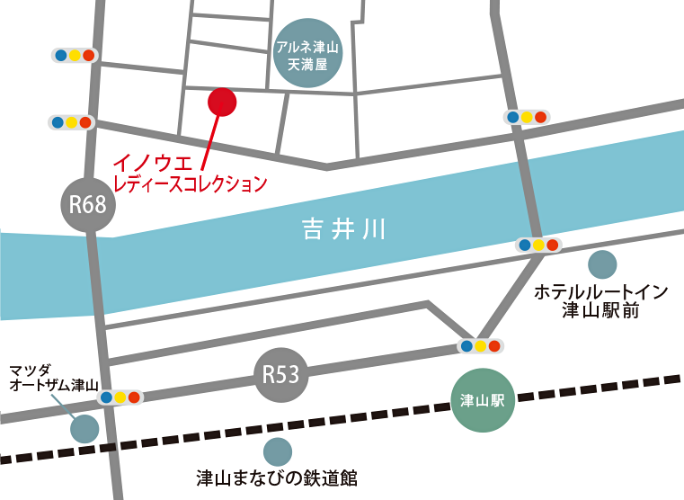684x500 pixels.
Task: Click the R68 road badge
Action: click(x=89, y=204)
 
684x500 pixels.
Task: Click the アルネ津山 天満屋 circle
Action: click(x=306, y=55)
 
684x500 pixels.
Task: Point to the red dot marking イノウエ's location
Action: click(x=221, y=102)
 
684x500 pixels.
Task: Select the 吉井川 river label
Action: click(x=342, y=229)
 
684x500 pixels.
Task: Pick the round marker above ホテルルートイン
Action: click(x=601, y=264)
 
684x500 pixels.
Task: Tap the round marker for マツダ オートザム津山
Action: click(x=84, y=428)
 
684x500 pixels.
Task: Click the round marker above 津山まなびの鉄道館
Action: click(x=278, y=451)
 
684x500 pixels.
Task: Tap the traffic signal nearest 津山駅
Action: click(x=480, y=345)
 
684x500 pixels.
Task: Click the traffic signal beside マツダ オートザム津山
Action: click(x=120, y=397)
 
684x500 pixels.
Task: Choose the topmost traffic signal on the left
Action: click(x=74, y=55)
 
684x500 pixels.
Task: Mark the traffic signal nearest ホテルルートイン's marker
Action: click(x=537, y=245)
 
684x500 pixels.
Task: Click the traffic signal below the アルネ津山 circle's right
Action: click(x=526, y=117)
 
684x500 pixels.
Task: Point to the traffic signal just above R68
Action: click(x=71, y=121)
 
